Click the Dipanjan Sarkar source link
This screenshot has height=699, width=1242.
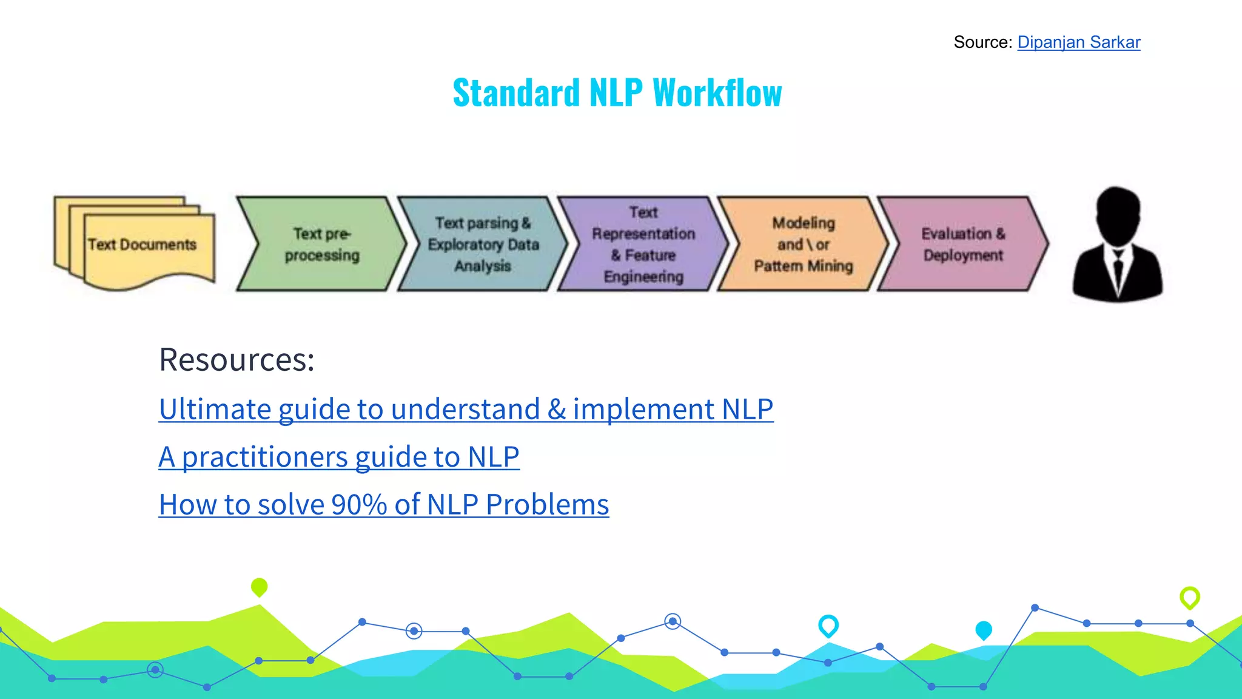(1078, 42)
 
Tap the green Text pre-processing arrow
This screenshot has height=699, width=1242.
(321, 244)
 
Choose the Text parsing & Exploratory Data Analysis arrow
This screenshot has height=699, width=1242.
(483, 244)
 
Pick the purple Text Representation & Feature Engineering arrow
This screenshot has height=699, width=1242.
(643, 244)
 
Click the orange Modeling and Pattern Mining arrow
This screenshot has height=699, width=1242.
(803, 244)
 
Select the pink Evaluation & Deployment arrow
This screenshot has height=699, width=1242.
(963, 244)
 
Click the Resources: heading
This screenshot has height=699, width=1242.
(237, 359)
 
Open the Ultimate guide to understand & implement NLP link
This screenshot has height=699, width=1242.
(466, 409)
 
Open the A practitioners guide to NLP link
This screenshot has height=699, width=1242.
(338, 457)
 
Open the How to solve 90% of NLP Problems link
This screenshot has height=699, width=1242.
(383, 505)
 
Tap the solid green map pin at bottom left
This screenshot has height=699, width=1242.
(259, 587)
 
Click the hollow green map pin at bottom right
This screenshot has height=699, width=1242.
(1189, 597)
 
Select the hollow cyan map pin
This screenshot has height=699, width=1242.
(828, 625)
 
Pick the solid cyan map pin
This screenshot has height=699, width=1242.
(983, 630)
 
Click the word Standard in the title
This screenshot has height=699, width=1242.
(517, 93)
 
